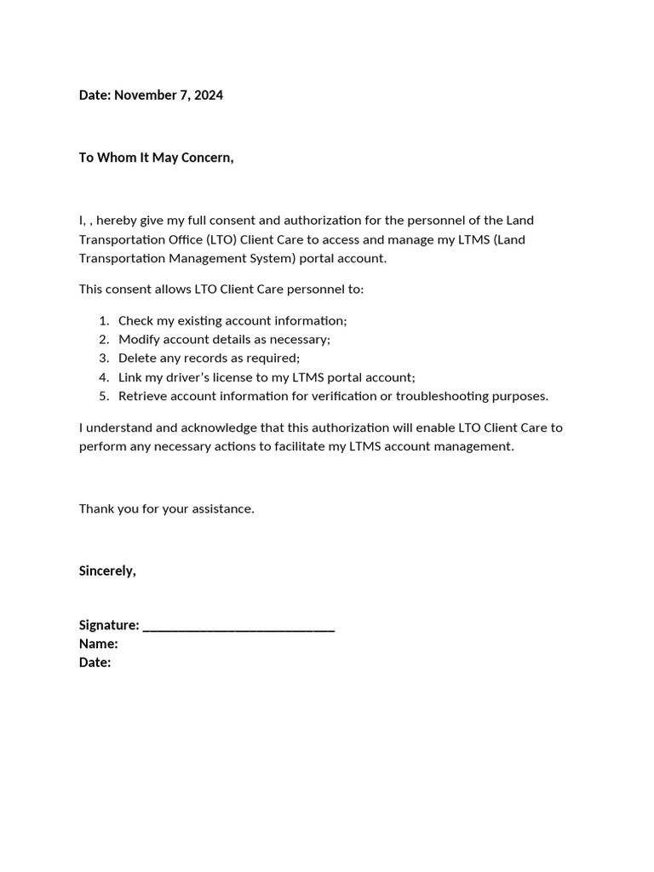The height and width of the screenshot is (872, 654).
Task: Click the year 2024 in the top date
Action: (x=209, y=95)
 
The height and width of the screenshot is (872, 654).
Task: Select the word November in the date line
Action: (x=143, y=95)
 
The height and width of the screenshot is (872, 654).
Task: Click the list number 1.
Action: (x=103, y=321)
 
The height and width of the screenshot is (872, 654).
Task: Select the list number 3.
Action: (x=103, y=359)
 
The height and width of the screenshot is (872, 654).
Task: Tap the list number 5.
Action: (x=103, y=396)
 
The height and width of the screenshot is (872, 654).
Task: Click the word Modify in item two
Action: (x=137, y=340)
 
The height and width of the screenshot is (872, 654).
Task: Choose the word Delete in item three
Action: (x=136, y=359)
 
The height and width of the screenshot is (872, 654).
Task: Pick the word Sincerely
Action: (x=107, y=571)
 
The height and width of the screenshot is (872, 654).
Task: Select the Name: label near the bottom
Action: (x=98, y=644)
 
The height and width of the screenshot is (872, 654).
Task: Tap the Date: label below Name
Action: (x=95, y=663)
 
